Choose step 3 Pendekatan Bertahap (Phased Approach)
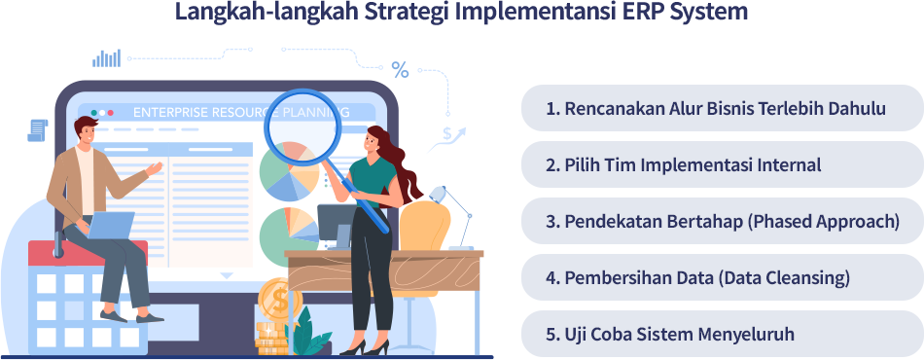click(x=721, y=221)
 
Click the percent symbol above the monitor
click(x=400, y=69)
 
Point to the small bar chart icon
click(x=106, y=57)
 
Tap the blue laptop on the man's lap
click(x=110, y=226)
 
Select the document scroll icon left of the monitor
click(x=38, y=129)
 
